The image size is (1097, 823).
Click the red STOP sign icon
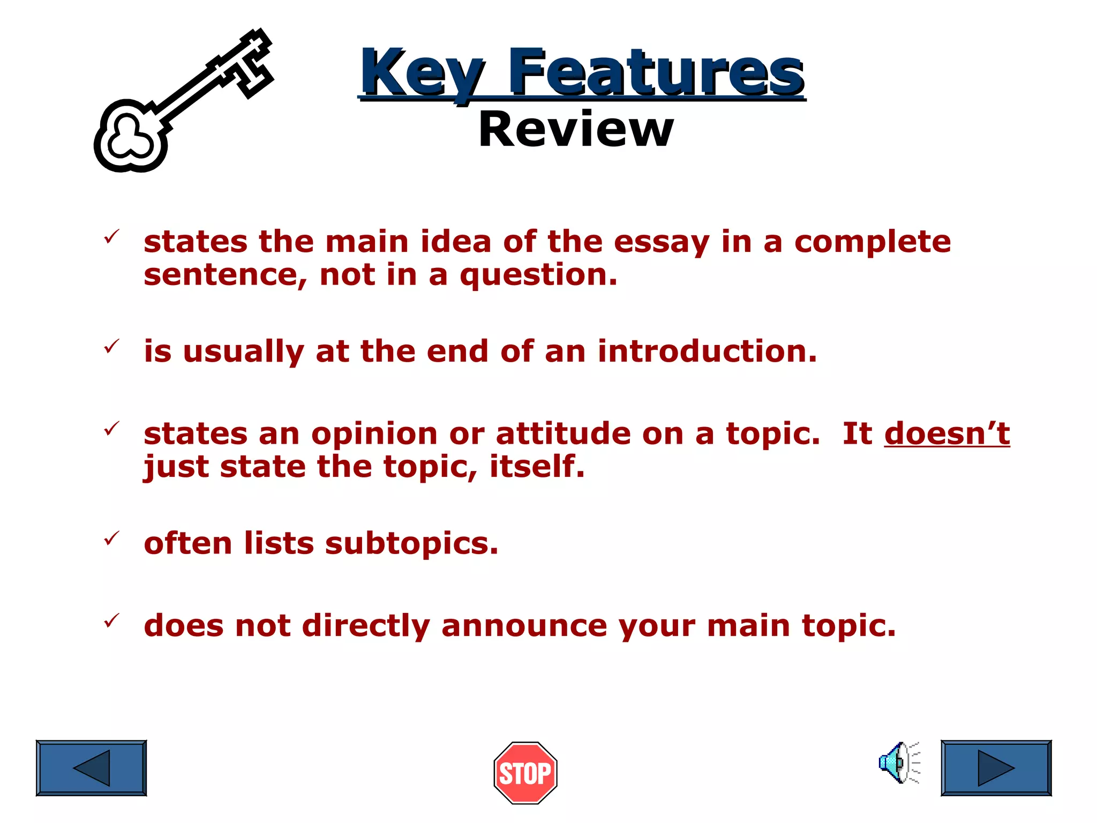coord(525,773)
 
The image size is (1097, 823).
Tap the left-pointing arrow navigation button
coord(91,768)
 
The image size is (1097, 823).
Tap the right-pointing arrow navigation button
coord(996,768)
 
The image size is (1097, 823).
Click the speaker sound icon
coord(899,762)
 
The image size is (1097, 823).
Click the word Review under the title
coord(576,130)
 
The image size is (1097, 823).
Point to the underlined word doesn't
coord(946,433)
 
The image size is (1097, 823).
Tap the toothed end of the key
coord(249,64)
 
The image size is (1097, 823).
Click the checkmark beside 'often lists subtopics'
coord(111,538)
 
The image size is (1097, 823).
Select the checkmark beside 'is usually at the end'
coord(111,346)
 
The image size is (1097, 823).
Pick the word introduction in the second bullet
coord(707,351)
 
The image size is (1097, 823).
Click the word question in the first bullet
coord(538,275)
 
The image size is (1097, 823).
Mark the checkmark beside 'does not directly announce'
coord(111,620)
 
